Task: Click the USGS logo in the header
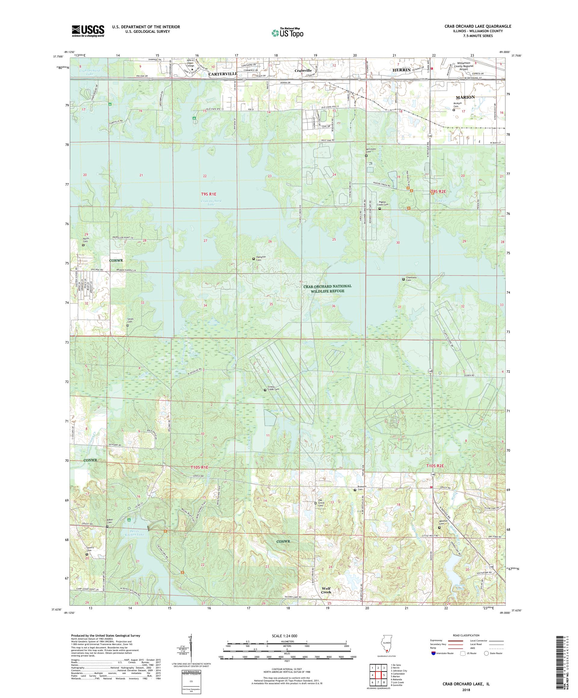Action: (88, 31)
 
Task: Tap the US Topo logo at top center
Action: (288, 32)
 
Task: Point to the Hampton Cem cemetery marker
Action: (253, 259)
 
